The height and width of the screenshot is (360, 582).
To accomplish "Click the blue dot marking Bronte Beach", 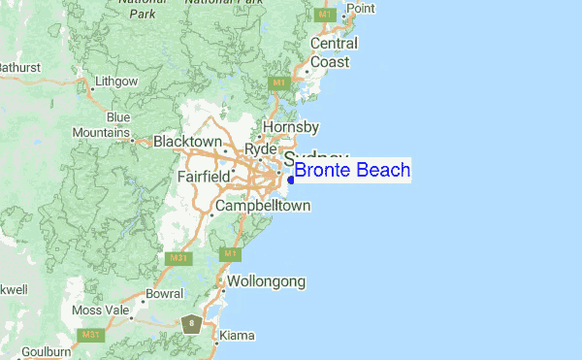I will pos(291,180).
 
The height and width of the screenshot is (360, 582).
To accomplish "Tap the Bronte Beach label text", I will pos(352,172).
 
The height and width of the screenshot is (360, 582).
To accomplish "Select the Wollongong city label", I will pos(267,281).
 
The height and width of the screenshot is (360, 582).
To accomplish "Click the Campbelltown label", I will pos(263,207).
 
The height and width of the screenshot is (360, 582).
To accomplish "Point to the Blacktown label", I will pos(188,142).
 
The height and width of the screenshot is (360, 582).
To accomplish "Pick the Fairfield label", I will pos(204,177).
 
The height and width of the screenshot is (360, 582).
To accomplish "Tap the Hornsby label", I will pos(291,127).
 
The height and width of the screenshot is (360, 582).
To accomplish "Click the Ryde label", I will pos(261,149).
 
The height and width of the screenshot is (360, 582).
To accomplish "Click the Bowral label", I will pos(164,293).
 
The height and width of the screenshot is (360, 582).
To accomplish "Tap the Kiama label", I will pos(237,336).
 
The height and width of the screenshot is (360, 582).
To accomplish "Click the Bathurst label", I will pos(19,68).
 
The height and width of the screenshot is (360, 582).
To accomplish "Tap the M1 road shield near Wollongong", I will pos(230,254).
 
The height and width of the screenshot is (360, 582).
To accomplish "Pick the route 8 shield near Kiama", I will pos(192,323).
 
